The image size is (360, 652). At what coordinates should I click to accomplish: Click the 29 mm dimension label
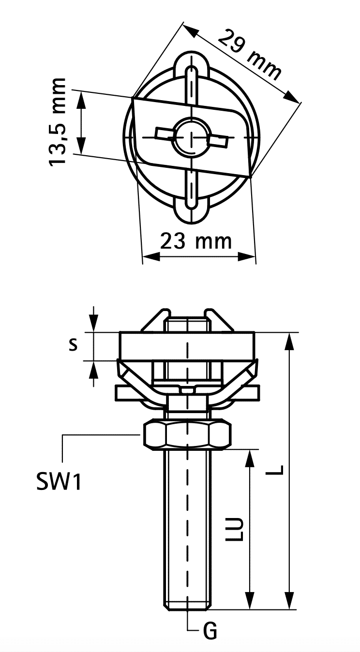click(250, 55)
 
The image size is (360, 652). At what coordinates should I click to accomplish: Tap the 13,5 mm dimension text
click(57, 122)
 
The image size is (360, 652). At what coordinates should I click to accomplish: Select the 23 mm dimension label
click(196, 241)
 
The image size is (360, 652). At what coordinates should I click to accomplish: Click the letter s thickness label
click(73, 345)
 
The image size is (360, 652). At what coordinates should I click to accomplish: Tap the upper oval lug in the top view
click(192, 67)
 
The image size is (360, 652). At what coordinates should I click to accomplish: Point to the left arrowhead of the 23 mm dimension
click(152, 257)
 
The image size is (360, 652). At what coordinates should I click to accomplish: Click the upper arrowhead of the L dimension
click(289, 341)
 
